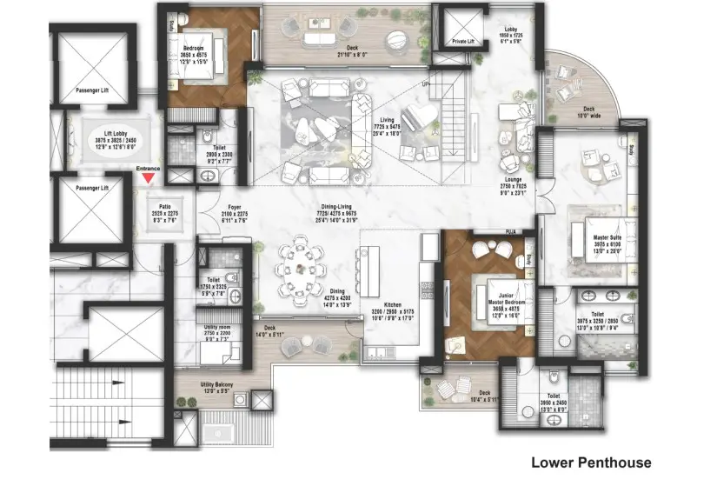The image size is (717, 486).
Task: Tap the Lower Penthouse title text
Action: click(590, 463)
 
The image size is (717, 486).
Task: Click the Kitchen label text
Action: click(392, 305)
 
